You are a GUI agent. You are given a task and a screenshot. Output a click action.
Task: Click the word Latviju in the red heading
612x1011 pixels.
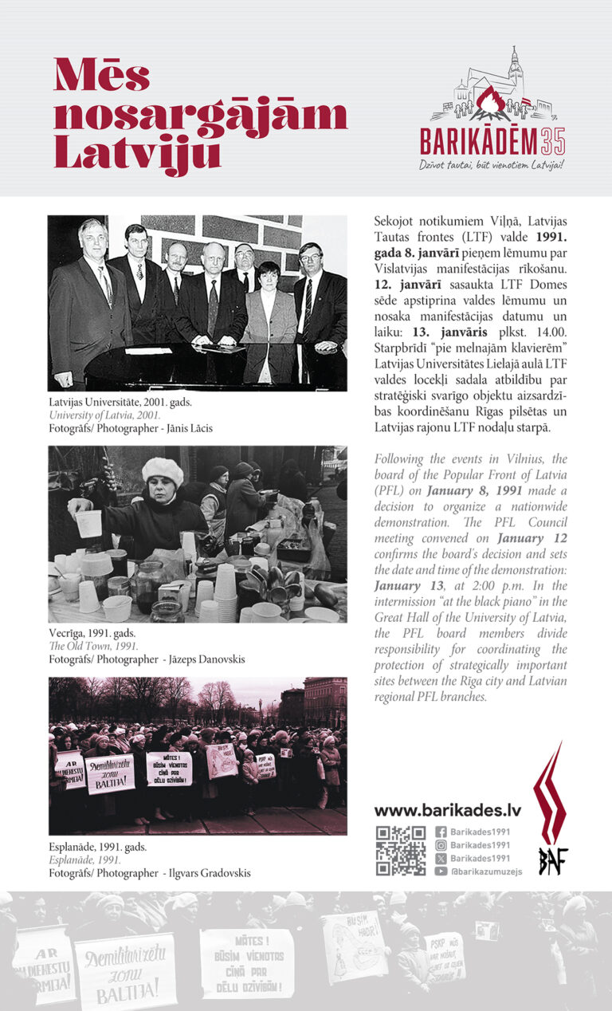[x=137, y=151]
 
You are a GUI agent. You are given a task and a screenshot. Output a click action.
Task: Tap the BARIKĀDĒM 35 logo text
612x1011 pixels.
[x=493, y=142]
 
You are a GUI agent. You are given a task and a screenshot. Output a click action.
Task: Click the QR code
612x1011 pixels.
[x=400, y=851]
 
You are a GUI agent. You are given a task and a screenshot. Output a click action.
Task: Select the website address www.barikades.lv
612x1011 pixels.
[x=447, y=810]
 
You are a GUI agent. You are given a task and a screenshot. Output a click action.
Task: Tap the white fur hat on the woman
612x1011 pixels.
[x=163, y=471]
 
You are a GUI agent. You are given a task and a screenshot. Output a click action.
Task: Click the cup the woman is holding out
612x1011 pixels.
[x=88, y=523]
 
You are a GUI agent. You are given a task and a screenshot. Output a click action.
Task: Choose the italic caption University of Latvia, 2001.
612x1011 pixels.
[x=104, y=415]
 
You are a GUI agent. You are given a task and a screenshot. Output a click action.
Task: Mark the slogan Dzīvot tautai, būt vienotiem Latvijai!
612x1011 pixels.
[x=496, y=165]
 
